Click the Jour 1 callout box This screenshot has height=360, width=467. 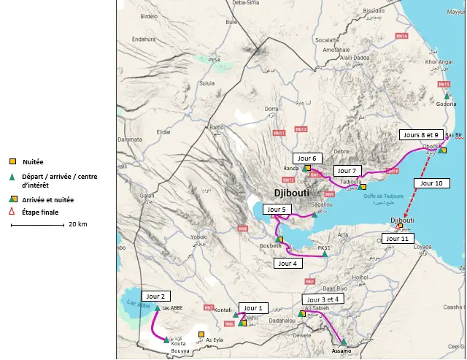(x=256, y=307)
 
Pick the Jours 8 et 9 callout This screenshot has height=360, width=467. (x=420, y=135)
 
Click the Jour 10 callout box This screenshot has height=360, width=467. (x=433, y=183)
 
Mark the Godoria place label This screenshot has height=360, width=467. (x=446, y=104)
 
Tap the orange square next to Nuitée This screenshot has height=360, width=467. (x=12, y=161)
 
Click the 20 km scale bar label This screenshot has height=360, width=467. (x=77, y=224)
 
